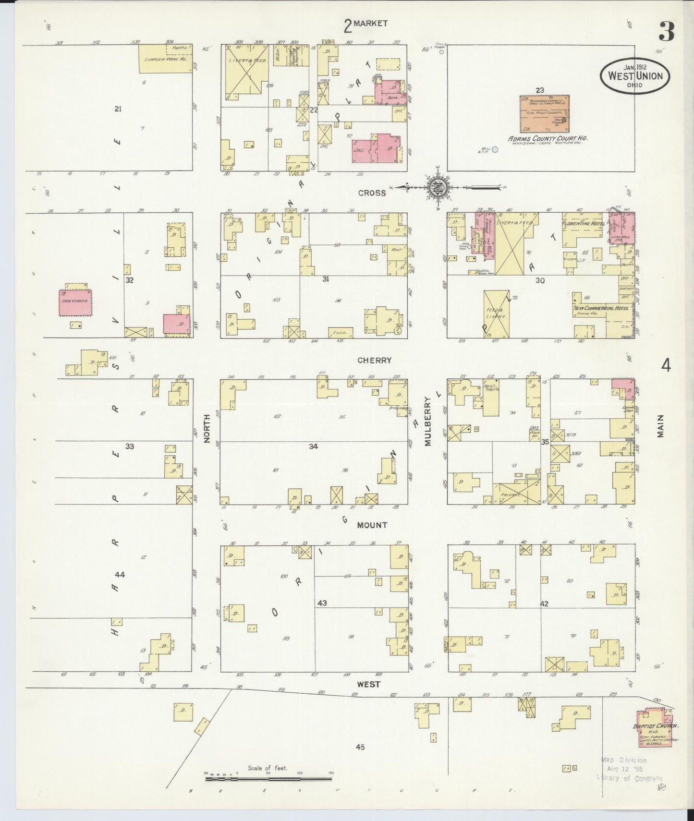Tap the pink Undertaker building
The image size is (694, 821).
pyautogui.click(x=74, y=303)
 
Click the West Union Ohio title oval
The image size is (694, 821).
pyautogui.click(x=634, y=76)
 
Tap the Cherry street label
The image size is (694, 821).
pyautogui.click(x=374, y=360)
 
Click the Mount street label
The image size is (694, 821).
pyautogui.click(x=372, y=525)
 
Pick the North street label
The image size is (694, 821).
pyautogui.click(x=207, y=428)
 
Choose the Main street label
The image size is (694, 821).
pyautogui.click(x=661, y=425)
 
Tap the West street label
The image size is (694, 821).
pyautogui.click(x=369, y=684)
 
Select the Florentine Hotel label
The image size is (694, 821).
pyautogui.click(x=584, y=223)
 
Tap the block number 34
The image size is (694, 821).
pyautogui.click(x=313, y=447)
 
